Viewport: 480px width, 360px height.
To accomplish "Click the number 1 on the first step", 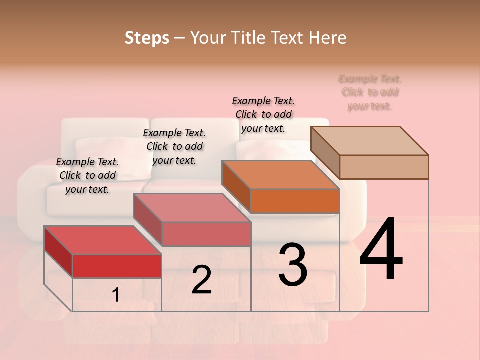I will click(116, 295).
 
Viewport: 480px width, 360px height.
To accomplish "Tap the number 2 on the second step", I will click(201, 280).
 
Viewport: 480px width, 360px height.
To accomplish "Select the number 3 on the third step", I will click(293, 264).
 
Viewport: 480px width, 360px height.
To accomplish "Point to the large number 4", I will click(381, 249).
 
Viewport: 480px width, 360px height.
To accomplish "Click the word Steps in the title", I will click(147, 38).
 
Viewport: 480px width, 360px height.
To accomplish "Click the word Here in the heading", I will click(328, 38).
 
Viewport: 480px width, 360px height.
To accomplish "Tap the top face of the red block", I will click(102, 240).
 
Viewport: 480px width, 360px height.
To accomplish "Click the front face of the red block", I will click(117, 266).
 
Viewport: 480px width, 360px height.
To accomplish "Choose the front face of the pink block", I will click(206, 234).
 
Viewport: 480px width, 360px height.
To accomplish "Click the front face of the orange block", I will click(295, 201).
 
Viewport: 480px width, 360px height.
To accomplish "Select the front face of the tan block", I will click(384, 167).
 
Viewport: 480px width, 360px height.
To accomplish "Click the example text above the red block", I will click(87, 175).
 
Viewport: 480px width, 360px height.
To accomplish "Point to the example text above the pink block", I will click(174, 146).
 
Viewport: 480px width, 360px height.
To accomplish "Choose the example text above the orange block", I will click(263, 114).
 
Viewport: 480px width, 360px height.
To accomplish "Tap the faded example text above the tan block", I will click(370, 92).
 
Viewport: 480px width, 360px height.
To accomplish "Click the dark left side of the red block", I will click(58, 251).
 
